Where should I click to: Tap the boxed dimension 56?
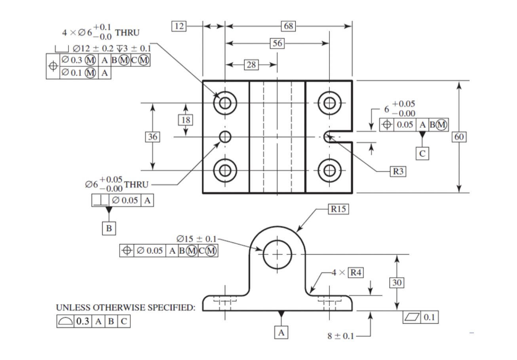pyautogui.click(x=277, y=43)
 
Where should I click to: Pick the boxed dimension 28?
pyautogui.click(x=251, y=65)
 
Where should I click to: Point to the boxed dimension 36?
pyautogui.click(x=153, y=137)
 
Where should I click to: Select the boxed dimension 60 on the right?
pyautogui.click(x=460, y=137)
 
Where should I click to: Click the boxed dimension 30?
pyautogui.click(x=397, y=282)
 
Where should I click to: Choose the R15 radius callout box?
pyautogui.click(x=338, y=209)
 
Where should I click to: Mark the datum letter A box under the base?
pyautogui.click(x=281, y=333)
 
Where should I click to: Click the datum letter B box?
pyautogui.click(x=108, y=229)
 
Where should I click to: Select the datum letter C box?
pyautogui.click(x=422, y=153)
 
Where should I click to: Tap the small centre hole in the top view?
pyautogui.click(x=225, y=137)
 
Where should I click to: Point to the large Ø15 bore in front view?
pyautogui.click(x=277, y=254)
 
